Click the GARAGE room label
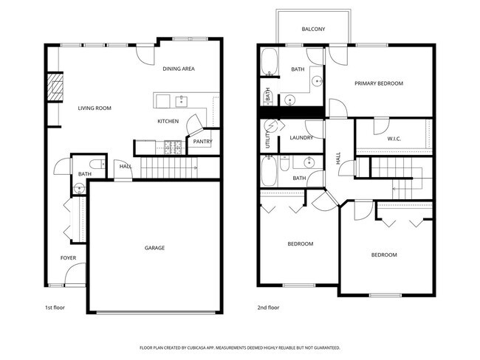[154, 248]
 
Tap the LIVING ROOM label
[95, 108]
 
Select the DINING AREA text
[179, 69]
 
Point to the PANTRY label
[203, 142]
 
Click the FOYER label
[68, 257]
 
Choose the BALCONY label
[314, 30]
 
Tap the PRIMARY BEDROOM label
[379, 83]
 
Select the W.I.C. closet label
[394, 138]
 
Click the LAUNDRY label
[301, 138]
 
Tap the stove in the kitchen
[172, 145]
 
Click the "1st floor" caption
[55, 306]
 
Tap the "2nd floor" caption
[267, 306]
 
